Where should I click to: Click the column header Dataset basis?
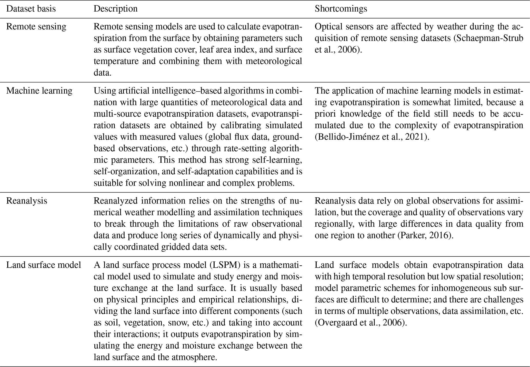(31, 9)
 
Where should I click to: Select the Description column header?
(115, 9)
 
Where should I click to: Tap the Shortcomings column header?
(341, 9)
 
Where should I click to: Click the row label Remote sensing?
(36, 26)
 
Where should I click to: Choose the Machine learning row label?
(39, 91)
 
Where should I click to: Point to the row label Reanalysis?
(27, 200)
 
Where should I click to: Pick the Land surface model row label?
(44, 265)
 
